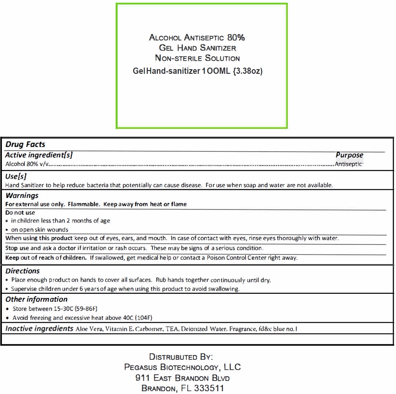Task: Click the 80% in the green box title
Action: tap(236, 38)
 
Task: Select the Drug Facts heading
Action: tap(25, 144)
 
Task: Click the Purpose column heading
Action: tap(349, 155)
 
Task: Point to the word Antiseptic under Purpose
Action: tap(348, 164)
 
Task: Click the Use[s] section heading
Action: tap(16, 176)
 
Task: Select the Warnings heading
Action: tap(22, 196)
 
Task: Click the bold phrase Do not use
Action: tap(20, 213)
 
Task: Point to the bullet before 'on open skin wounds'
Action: tap(7, 230)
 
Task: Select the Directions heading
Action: tap(22, 271)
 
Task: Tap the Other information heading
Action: tap(36, 299)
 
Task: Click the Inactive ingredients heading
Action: tap(39, 329)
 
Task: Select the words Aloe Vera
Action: tap(89, 329)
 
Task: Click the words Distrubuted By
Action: tap(181, 357)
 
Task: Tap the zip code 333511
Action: tap(209, 388)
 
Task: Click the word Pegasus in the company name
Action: tap(140, 367)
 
